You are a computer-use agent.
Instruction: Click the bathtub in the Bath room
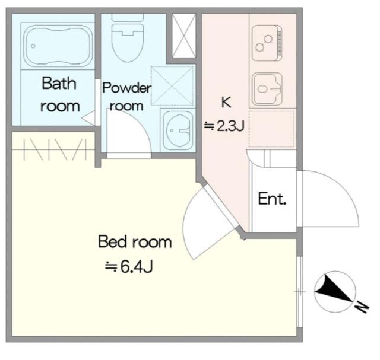(x=59, y=46)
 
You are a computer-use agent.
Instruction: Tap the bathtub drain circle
(x=33, y=46)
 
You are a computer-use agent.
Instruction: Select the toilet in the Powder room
(x=128, y=38)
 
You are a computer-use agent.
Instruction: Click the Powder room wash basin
(x=178, y=130)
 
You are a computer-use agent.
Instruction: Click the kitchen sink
(x=267, y=88)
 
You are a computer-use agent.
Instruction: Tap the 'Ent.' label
(x=272, y=199)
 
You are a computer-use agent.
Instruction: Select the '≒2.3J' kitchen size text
(x=224, y=126)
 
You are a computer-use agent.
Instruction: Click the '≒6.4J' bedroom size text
(x=129, y=267)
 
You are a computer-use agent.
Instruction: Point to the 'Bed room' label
(x=135, y=241)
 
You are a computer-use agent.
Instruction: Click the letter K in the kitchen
(x=226, y=102)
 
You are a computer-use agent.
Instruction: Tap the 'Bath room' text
(x=59, y=94)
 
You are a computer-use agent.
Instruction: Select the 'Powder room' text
(x=126, y=97)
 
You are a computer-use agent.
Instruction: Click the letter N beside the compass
(x=362, y=307)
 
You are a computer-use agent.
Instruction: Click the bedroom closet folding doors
(x=55, y=149)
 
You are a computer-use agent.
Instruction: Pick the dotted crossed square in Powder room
(x=172, y=86)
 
